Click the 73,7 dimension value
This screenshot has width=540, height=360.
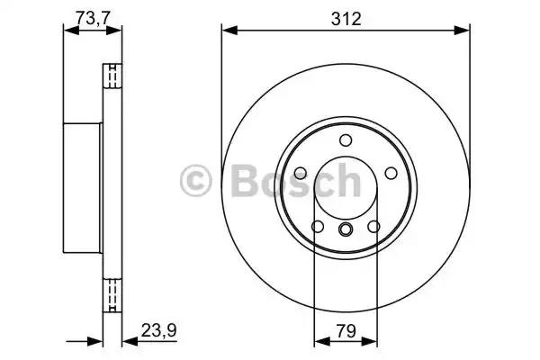pyautogui.click(x=93, y=18)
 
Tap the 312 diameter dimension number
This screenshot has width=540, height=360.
pyautogui.click(x=346, y=19)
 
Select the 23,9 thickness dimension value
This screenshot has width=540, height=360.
pyautogui.click(x=158, y=331)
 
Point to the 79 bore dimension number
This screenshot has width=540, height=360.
pyautogui.click(x=346, y=331)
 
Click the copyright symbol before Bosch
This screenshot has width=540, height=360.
pyautogui.click(x=195, y=181)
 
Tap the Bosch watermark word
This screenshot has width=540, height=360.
pyautogui.click(x=296, y=180)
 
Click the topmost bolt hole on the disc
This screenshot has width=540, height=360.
pyautogui.click(x=346, y=140)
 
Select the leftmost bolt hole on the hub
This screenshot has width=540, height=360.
pyautogui.click(x=301, y=173)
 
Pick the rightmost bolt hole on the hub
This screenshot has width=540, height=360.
pyautogui.click(x=391, y=173)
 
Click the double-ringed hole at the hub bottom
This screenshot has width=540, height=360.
pyautogui.click(x=346, y=229)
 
